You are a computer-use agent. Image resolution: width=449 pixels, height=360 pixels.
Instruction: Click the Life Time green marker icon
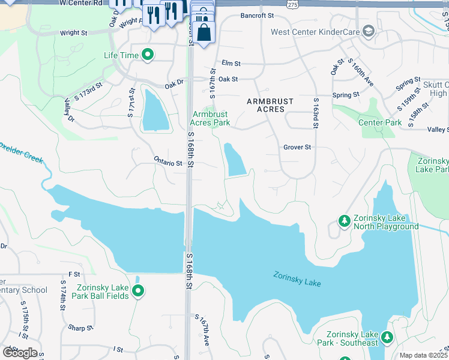pyautogui.click(x=148, y=56)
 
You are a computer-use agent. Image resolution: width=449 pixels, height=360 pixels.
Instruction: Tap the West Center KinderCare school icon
pyautogui.click(x=369, y=31)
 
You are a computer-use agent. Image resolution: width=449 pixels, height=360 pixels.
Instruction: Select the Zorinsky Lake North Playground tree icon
pyautogui.click(x=345, y=221)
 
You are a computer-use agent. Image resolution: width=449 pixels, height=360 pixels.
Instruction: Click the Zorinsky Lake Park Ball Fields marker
pyautogui.click(x=138, y=291)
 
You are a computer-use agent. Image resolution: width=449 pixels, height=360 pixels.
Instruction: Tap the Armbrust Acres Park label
pyautogui.click(x=211, y=118)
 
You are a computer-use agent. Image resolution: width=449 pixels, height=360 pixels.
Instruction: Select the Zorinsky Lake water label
pyautogui.click(x=297, y=280)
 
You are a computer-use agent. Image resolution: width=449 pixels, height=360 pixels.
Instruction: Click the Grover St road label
pyautogui.click(x=297, y=147)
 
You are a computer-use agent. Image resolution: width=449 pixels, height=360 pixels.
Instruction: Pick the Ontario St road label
pyautogui.click(x=167, y=163)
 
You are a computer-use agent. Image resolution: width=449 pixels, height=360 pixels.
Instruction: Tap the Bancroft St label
pyautogui.click(x=256, y=16)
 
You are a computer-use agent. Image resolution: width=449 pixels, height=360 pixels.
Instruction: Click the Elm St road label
pyautogui.click(x=231, y=63)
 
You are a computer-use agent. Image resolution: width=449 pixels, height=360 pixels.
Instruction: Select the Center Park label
pyautogui.click(x=379, y=123)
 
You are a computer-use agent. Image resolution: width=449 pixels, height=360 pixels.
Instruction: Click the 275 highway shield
pyautogui.click(x=292, y=4)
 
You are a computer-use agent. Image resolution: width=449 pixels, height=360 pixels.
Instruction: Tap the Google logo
pyautogui.click(x=20, y=353)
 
